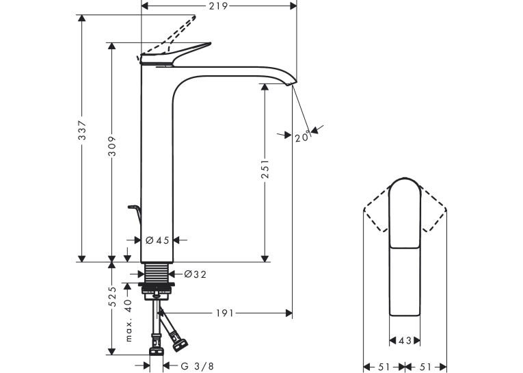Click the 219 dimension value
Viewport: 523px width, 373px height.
(218, 6)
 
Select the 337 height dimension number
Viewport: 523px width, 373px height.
(82, 130)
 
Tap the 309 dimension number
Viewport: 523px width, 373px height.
(112, 146)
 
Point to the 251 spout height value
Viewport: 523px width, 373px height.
(265, 168)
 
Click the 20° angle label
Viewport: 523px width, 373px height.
(303, 137)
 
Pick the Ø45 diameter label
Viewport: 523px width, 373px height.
(157, 240)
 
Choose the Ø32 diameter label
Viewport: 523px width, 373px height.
(195, 274)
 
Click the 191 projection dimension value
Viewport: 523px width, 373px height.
(225, 313)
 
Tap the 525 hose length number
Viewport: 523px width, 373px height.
(112, 296)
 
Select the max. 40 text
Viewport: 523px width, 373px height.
(129, 320)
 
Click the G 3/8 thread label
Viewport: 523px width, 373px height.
(197, 366)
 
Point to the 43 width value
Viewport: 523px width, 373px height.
(405, 341)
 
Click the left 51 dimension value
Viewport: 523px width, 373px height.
(384, 367)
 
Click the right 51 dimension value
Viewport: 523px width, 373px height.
(425, 367)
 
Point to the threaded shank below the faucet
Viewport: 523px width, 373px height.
(157, 273)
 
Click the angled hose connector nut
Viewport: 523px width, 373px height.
(180, 346)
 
